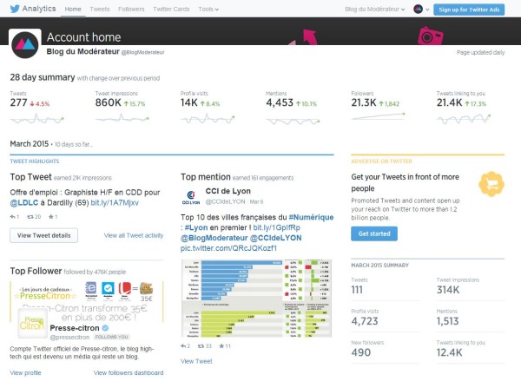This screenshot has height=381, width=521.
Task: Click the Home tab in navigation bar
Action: (x=74, y=9)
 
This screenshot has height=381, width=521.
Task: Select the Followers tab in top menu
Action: (x=131, y=9)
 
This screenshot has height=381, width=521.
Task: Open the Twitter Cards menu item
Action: (x=172, y=9)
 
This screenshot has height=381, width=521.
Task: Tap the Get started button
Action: (x=375, y=233)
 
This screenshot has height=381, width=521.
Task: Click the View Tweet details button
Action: (x=43, y=235)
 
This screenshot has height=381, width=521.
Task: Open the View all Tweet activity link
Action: (x=134, y=235)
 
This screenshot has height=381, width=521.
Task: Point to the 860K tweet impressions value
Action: (x=108, y=102)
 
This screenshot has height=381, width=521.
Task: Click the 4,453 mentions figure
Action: (x=280, y=102)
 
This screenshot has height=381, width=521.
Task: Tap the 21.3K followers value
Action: (x=363, y=102)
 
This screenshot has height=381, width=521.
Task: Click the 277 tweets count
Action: (x=19, y=102)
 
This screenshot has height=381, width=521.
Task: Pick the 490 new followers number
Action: (x=360, y=351)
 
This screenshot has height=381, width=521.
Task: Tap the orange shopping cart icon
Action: (x=493, y=182)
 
